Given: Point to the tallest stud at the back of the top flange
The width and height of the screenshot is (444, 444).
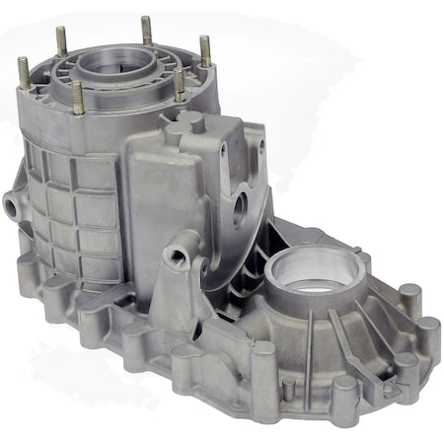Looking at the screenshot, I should (146, 29).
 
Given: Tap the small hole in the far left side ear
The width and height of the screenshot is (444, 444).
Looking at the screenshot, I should (12, 206).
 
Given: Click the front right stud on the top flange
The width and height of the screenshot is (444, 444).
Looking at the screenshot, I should (179, 83).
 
